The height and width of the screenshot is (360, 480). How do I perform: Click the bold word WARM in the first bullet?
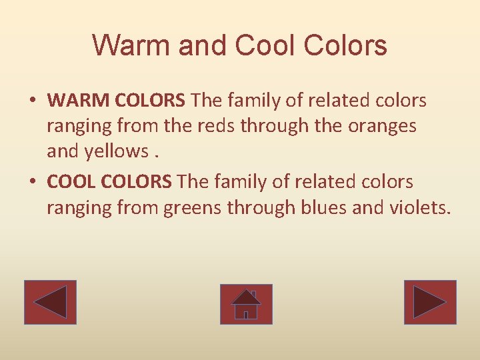(x=79, y=101)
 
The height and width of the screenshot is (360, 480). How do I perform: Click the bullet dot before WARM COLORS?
(x=33, y=101)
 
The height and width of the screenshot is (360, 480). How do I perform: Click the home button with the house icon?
(x=246, y=304)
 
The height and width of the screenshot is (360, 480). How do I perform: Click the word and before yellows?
(x=63, y=152)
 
